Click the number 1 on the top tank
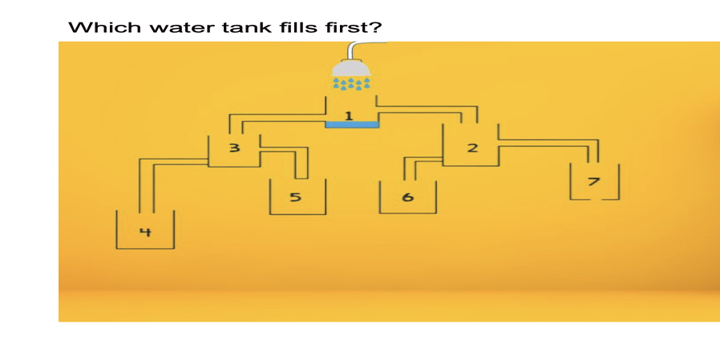tap(348, 116)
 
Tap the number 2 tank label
tap(472, 148)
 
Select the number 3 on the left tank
tap(234, 148)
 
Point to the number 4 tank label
tap(145, 233)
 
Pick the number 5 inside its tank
tap(295, 197)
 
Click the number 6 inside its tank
tap(407, 197)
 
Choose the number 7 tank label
tap(593, 181)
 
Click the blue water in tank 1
tap(351, 124)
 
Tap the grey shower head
tap(352, 70)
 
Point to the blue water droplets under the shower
tap(352, 83)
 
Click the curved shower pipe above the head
tap(357, 48)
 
